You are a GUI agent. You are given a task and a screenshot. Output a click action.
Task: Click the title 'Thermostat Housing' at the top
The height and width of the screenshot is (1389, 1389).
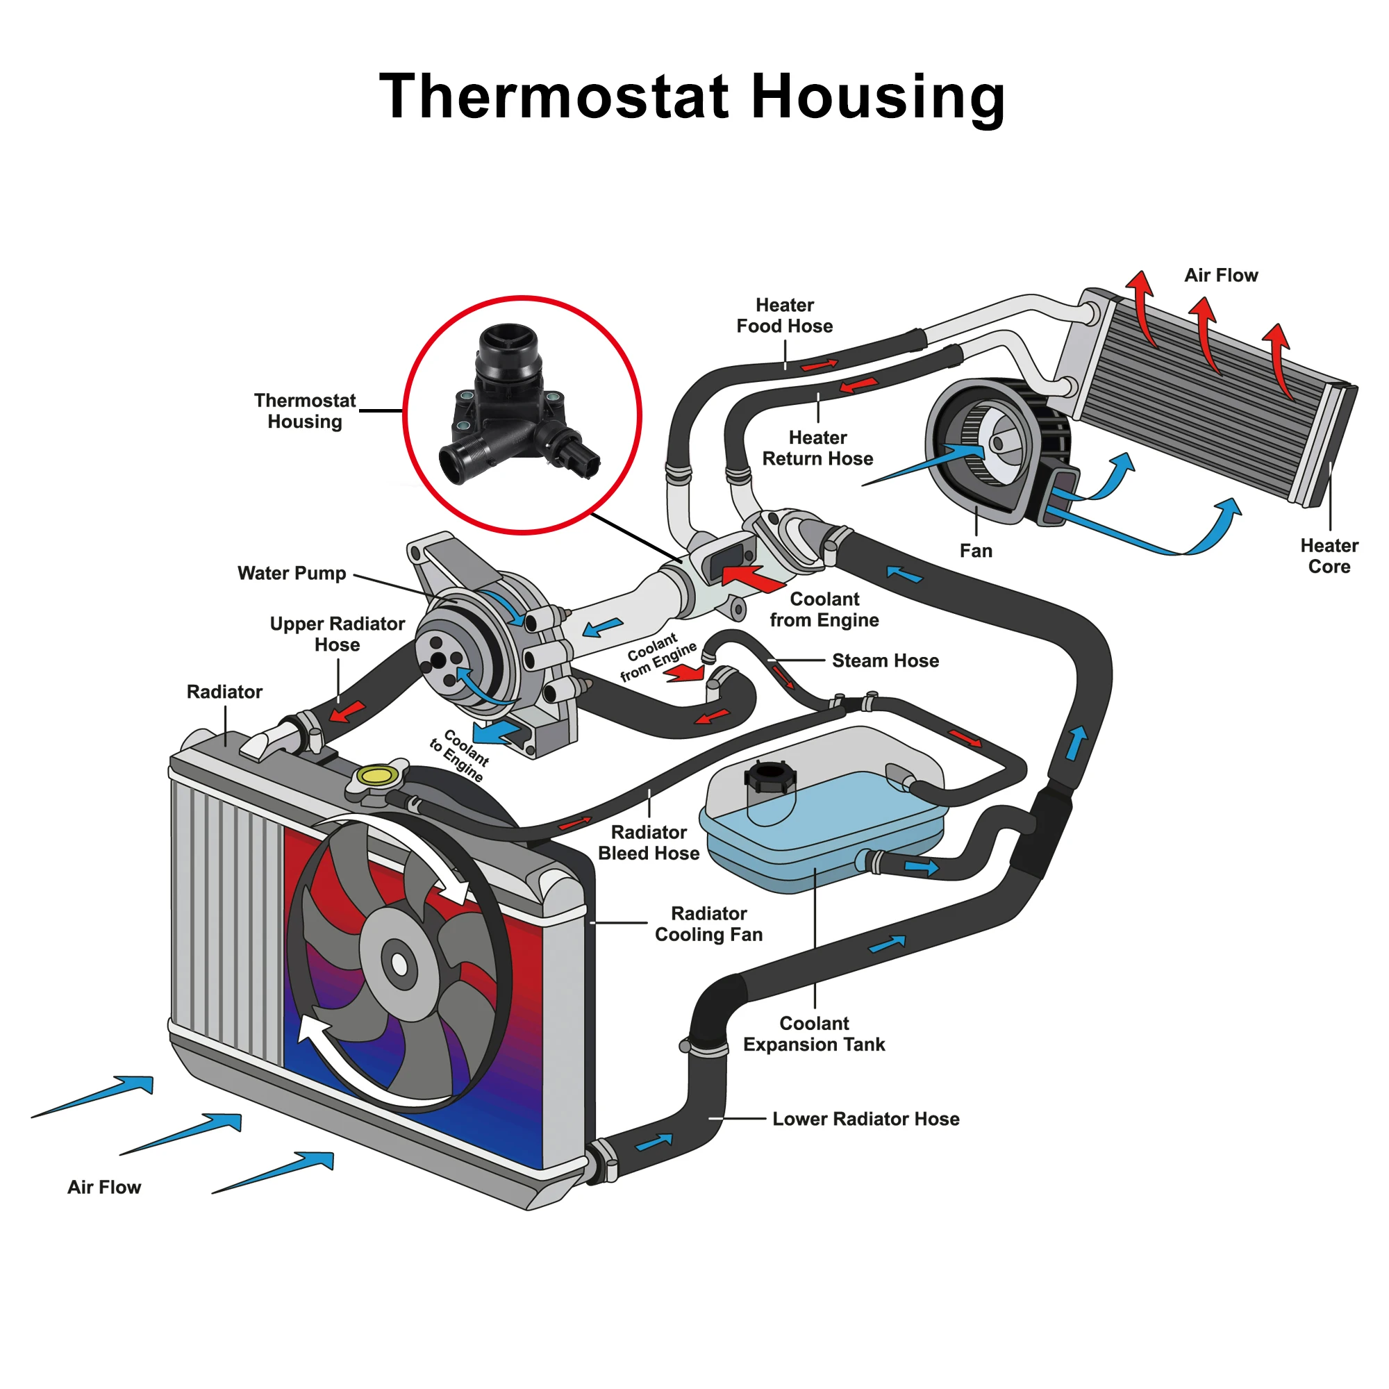[692, 97]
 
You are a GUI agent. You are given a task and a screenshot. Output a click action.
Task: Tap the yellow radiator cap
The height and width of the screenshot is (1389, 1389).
[377, 776]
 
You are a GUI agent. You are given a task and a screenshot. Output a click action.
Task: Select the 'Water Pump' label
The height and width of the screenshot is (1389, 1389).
[292, 573]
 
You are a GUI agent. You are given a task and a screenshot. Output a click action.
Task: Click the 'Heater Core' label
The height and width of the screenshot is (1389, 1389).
[1329, 556]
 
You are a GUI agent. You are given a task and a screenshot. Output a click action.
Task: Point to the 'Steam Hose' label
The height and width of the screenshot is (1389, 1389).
[885, 660]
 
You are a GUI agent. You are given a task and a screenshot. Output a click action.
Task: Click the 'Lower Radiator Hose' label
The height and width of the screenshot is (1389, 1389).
[865, 1119]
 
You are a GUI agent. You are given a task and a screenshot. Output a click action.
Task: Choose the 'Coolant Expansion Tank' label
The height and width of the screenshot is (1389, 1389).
[814, 1034]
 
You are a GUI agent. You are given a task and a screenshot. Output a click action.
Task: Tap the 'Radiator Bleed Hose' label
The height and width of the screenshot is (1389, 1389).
[649, 842]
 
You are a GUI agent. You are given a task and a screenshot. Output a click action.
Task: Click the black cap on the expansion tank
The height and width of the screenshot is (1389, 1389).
[770, 777]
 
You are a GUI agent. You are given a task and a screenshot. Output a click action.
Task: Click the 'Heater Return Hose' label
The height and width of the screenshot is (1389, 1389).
[817, 448]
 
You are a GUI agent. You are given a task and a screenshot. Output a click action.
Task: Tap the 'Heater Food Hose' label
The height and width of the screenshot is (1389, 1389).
[784, 315]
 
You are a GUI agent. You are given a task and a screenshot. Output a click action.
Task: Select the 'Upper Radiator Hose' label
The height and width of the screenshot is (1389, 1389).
[338, 634]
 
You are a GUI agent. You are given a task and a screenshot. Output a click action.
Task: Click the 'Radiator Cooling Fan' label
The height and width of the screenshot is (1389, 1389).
[708, 924]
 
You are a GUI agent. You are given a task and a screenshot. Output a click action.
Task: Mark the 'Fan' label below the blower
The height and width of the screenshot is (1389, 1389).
[976, 551]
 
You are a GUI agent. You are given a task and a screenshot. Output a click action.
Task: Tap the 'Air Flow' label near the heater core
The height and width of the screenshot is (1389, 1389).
[1221, 275]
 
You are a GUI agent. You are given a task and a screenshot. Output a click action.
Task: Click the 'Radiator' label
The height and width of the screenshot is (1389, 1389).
[224, 692]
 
